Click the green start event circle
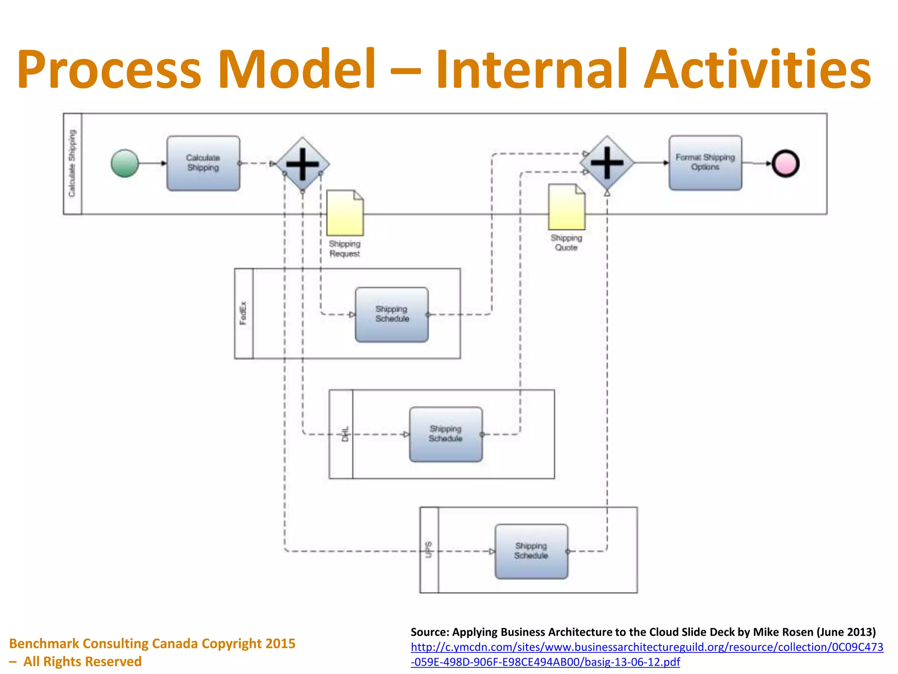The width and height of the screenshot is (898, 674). click(125, 163)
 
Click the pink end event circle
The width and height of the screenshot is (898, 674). click(785, 163)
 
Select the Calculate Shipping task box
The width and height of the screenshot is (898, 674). click(203, 163)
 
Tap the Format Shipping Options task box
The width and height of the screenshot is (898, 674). click(705, 163)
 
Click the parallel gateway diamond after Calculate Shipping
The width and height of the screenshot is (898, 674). click(303, 164)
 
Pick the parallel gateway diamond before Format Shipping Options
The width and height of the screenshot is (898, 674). click(607, 163)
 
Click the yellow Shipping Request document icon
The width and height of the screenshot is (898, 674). click(345, 213)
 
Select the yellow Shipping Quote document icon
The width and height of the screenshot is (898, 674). click(567, 207)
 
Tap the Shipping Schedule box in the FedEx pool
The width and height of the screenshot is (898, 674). click(392, 315)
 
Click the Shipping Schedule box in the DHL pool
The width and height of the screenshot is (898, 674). click(445, 434)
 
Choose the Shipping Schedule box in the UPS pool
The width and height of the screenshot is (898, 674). click(531, 551)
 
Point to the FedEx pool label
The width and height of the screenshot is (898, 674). click(243, 313)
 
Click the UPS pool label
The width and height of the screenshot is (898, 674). click(429, 550)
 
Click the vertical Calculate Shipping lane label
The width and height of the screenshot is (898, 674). click(72, 163)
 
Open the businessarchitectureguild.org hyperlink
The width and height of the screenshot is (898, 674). click(647, 647)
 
